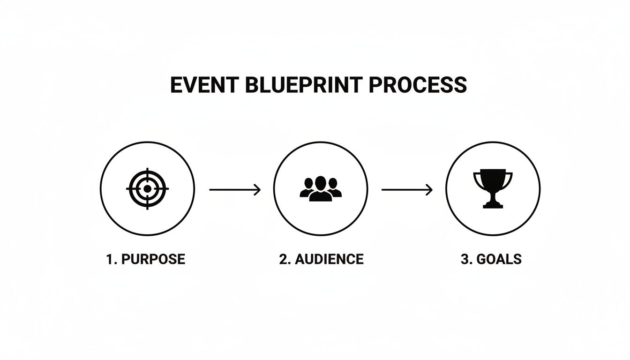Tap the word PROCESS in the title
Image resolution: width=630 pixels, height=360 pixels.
[x=418, y=85]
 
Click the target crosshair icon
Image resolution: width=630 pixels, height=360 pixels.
[x=147, y=189]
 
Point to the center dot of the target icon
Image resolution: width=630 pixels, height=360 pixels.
[x=147, y=189]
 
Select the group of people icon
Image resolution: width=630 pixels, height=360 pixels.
[x=321, y=189]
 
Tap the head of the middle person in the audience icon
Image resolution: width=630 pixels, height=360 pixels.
[x=321, y=182]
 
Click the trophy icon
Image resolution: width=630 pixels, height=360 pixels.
[x=493, y=188]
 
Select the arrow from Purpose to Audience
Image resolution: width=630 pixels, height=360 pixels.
[x=234, y=189]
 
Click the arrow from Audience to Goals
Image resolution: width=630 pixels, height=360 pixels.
[x=407, y=189]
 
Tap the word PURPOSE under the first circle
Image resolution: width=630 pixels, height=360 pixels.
[x=153, y=259]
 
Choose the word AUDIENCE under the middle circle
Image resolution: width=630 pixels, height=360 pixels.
[x=330, y=259]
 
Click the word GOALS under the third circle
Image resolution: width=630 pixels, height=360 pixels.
[x=499, y=259]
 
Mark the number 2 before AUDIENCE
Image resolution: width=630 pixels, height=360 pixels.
[x=283, y=259]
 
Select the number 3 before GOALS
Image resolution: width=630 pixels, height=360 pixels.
[x=465, y=259]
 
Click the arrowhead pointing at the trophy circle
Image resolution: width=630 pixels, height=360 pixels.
[x=429, y=189]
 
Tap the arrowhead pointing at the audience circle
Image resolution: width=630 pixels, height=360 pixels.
[x=257, y=189]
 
